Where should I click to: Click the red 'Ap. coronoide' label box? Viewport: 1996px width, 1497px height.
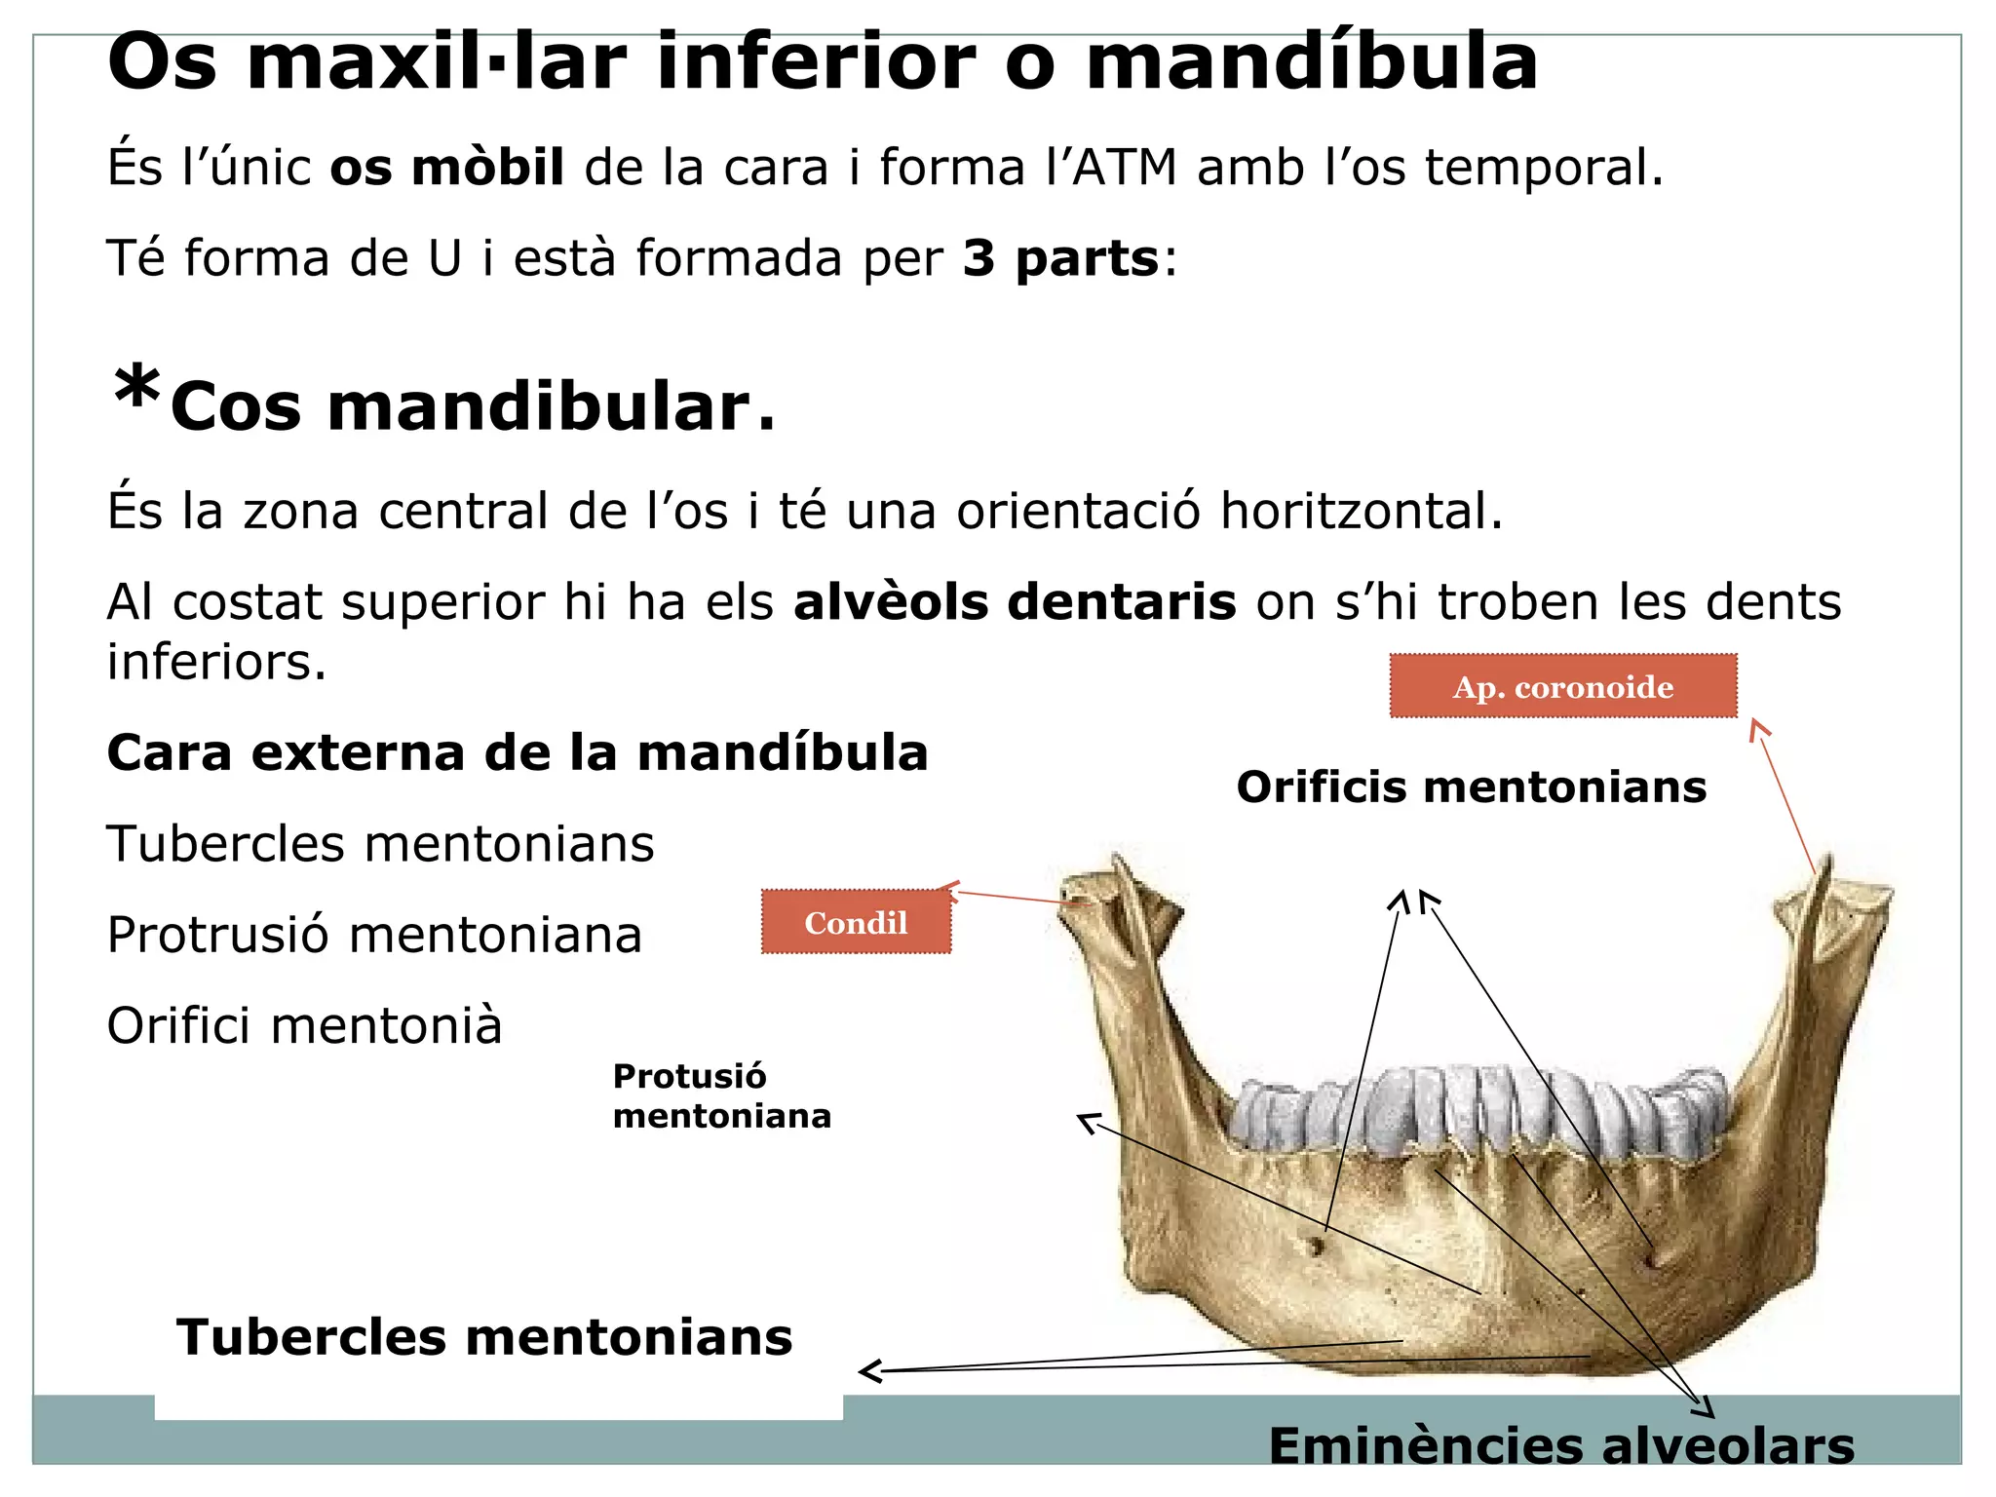(x=1562, y=686)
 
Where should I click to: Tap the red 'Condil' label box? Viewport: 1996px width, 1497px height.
(x=855, y=922)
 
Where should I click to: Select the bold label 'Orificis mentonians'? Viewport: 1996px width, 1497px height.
(x=1471, y=787)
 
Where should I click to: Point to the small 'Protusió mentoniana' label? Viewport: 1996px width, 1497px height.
(x=721, y=1095)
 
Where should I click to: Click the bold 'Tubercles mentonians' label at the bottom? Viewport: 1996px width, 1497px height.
(x=484, y=1336)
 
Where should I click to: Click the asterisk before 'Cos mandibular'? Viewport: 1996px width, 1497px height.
(x=136, y=390)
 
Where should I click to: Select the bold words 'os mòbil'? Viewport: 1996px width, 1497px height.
(x=446, y=167)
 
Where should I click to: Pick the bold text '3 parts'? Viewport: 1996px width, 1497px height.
(x=1060, y=258)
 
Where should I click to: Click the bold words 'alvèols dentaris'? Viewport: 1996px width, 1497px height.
(x=1015, y=601)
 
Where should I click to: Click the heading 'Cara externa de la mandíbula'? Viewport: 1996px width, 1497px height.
(x=517, y=752)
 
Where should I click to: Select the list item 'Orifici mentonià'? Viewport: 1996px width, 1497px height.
(x=304, y=1025)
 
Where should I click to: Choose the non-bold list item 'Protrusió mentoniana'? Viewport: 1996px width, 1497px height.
(x=374, y=935)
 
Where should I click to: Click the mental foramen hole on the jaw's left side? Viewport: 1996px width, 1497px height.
(x=1317, y=1245)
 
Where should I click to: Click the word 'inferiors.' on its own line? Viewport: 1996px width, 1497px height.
(x=216, y=662)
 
